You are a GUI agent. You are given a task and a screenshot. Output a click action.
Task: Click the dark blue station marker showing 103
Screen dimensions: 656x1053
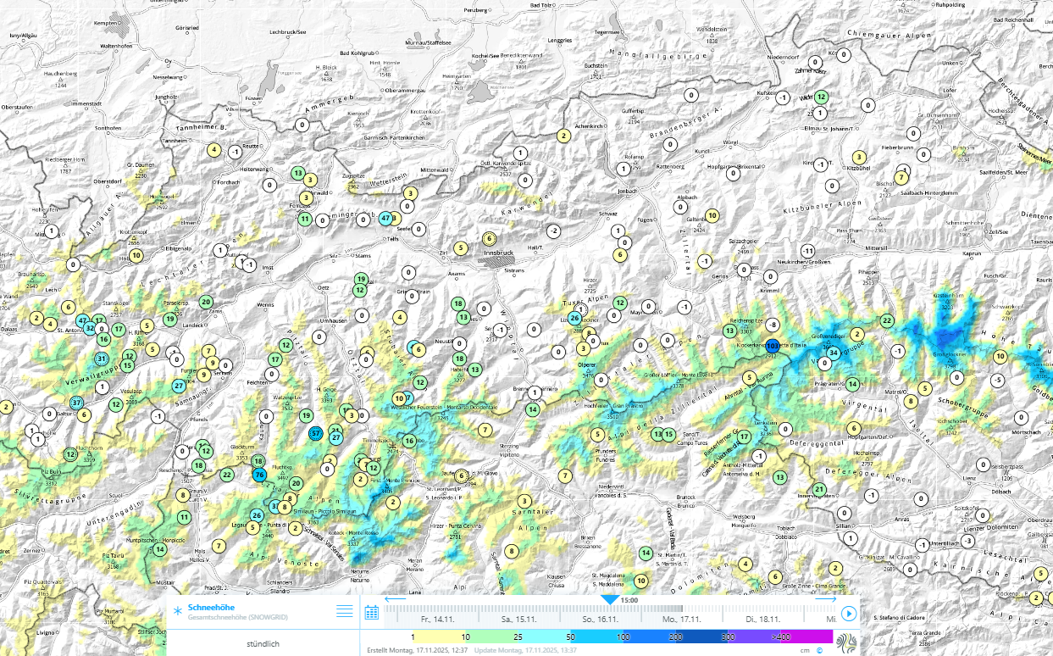tap(773, 346)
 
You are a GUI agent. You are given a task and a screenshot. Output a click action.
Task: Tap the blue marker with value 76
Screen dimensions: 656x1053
tap(260, 475)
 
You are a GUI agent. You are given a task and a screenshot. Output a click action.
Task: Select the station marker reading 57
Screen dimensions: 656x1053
tap(316, 433)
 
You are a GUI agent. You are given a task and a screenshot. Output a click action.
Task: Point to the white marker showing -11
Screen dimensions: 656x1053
tap(808, 251)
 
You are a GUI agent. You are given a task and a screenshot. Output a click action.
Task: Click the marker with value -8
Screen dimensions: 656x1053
tap(773, 325)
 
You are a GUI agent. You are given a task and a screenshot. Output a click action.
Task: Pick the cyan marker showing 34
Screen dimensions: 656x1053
tap(834, 353)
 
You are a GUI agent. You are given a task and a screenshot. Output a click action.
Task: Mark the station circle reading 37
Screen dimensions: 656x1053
tap(77, 403)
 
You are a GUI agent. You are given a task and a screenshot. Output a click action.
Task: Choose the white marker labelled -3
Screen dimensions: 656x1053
tap(967, 541)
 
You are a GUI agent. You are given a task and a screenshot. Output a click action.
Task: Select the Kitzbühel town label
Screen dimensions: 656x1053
tap(858, 169)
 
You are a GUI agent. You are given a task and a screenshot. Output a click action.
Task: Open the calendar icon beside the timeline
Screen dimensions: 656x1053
tap(371, 613)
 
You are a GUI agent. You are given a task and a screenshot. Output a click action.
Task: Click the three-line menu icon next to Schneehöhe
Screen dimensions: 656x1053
tap(344, 610)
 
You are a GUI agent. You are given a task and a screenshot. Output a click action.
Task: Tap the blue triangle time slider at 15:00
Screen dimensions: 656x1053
tap(609, 599)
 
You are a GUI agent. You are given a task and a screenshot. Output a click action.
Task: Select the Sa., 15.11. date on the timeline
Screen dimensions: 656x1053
tap(519, 620)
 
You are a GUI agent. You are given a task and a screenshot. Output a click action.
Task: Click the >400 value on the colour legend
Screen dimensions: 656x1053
tap(779, 636)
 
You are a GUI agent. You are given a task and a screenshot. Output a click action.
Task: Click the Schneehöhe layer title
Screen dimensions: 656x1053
tap(212, 608)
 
